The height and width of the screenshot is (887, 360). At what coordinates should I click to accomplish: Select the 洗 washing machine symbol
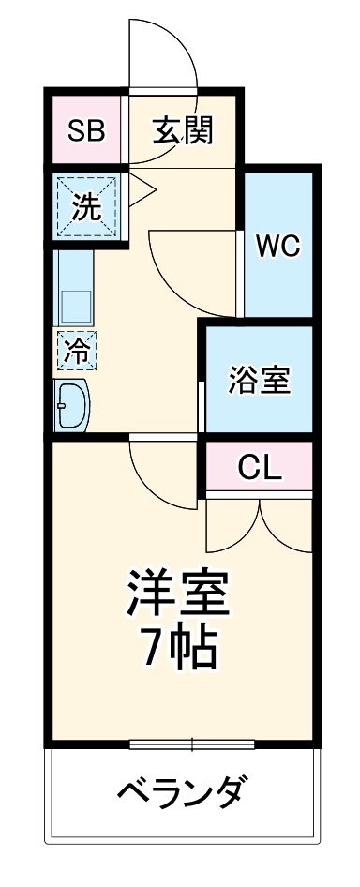86,207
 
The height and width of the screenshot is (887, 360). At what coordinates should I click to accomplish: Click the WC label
277,247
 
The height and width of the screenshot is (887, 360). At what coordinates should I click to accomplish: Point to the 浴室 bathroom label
260,380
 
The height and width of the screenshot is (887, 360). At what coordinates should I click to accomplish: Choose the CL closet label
259,465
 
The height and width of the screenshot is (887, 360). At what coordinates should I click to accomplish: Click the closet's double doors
259,525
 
